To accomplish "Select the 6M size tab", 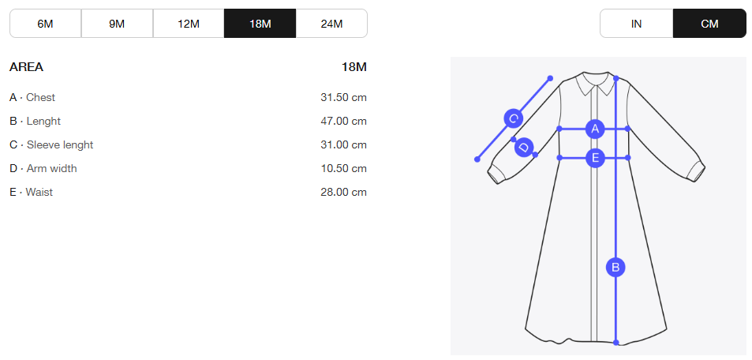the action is pos(46,23).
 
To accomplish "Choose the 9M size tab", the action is pos(117,23).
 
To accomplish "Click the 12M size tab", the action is pos(189,23).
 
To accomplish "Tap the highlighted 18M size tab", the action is pos(260,23).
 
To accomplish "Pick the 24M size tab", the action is pos(331,23).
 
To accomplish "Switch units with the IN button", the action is pos(637,23).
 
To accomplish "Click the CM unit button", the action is pos(710,23).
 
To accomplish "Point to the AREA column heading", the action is pos(26,67).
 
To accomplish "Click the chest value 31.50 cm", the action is pos(343,97).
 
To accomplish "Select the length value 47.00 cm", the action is pos(343,121).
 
